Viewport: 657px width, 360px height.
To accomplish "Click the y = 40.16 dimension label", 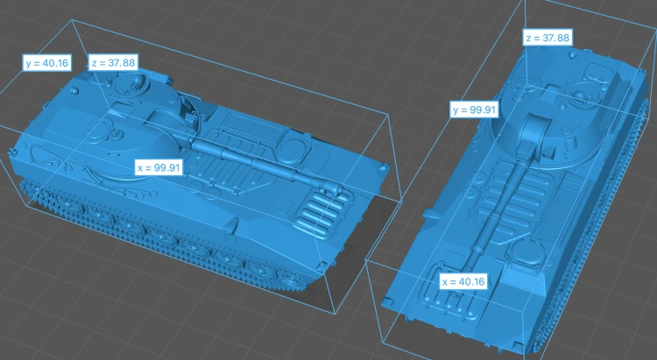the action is [46, 63].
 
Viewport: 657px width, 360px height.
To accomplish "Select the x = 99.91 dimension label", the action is [159, 167].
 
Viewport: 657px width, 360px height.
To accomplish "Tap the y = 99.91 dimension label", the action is [474, 109].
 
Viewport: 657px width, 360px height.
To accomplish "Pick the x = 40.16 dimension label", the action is [463, 281].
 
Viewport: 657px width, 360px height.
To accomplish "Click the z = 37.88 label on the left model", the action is [113, 63].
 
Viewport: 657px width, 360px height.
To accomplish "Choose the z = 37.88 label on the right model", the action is [547, 38].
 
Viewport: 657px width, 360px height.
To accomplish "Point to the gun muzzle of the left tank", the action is [336, 187].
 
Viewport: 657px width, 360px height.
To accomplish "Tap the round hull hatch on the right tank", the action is [525, 253].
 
